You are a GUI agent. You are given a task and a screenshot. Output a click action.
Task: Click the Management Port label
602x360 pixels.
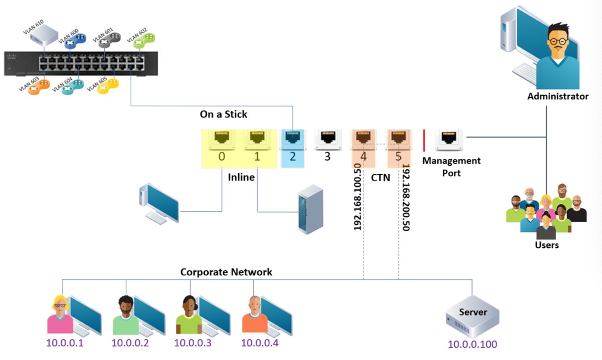(451, 167)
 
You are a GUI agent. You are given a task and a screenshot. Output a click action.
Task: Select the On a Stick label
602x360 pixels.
(223, 114)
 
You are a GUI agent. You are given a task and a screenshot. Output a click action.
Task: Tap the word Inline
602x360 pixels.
(241, 177)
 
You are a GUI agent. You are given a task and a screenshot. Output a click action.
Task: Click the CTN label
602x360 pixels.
(380, 178)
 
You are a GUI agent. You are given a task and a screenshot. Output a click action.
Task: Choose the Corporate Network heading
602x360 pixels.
(226, 272)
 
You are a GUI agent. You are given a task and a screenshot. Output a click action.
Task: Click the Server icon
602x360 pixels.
(472, 317)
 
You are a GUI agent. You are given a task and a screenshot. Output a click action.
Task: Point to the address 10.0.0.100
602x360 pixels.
(472, 345)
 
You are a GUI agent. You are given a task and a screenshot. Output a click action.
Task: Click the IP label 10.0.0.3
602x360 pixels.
(192, 343)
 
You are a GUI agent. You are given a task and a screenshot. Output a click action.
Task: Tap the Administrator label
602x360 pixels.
(558, 96)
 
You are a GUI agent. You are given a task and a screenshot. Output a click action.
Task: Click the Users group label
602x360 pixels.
(546, 245)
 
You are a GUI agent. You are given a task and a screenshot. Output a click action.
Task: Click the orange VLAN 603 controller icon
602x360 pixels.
(38, 86)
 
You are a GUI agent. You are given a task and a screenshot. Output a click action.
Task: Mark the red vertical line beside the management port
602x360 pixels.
(424, 140)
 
